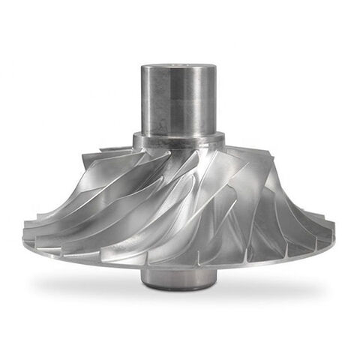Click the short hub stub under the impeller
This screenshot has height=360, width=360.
coord(178,277)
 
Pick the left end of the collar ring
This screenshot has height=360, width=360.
coord(135,140)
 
